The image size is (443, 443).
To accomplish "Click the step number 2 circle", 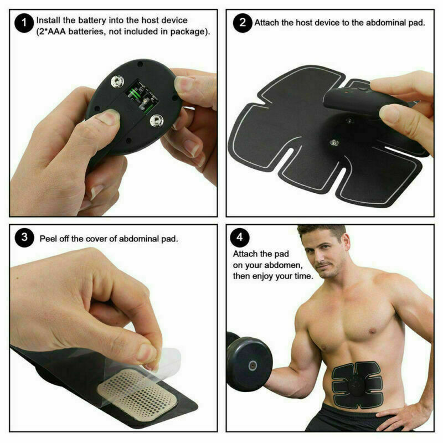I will pyautogui.click(x=243, y=24).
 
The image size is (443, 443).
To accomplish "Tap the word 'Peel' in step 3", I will pyautogui.click(x=49, y=239).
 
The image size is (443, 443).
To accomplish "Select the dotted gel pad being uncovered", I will pyautogui.click(x=138, y=388).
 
